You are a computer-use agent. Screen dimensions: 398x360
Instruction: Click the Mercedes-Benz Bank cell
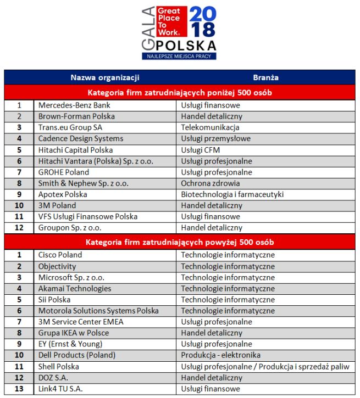(74, 105)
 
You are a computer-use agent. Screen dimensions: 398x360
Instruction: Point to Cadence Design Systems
(80, 138)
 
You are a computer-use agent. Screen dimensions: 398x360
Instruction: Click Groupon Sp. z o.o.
(69, 227)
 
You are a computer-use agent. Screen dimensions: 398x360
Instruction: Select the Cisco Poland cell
(60, 255)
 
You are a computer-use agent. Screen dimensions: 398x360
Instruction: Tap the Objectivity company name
(57, 266)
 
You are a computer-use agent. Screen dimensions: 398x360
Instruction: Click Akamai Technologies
(74, 288)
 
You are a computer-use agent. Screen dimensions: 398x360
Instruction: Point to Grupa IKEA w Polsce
(74, 333)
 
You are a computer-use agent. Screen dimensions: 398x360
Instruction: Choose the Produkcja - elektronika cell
(221, 355)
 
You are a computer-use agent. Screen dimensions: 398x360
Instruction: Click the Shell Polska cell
(59, 366)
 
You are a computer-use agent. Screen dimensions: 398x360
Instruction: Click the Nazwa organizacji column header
(105, 77)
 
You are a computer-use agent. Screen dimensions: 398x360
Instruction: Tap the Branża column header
(266, 77)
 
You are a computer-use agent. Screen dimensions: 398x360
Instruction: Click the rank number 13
(19, 389)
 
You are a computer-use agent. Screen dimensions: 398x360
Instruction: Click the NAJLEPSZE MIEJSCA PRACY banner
(179, 56)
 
